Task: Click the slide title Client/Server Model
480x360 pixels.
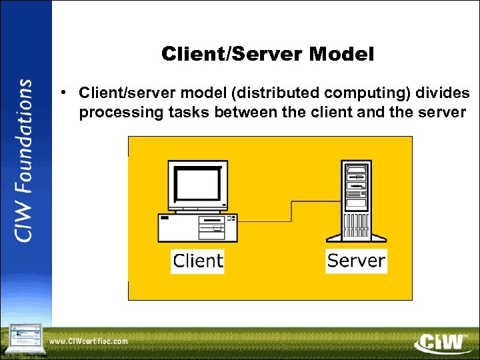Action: [267, 55]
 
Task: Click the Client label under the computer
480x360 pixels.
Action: [197, 260]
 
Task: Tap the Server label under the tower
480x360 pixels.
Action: [356, 260]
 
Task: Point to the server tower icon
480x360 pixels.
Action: [355, 200]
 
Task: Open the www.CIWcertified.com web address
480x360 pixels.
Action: [89, 341]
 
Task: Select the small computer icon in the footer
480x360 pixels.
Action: [25, 339]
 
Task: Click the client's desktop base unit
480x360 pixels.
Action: [197, 227]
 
